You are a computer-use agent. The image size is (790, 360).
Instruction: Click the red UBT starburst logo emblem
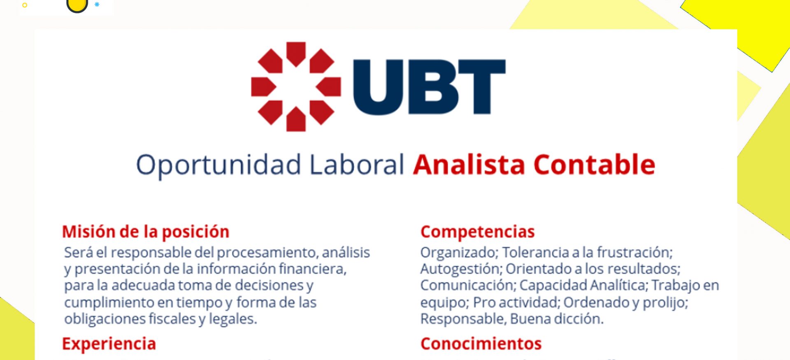(296, 86)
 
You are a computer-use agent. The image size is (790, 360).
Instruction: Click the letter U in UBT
(378, 87)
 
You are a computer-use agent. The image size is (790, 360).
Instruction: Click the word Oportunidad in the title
(218, 165)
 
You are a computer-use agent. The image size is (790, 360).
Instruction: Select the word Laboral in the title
(357, 164)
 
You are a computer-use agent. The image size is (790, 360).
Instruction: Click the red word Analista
(469, 165)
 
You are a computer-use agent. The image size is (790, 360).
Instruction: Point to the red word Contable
(594, 164)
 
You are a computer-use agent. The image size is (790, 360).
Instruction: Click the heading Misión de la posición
(146, 232)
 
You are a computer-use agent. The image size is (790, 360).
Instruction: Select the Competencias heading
(477, 232)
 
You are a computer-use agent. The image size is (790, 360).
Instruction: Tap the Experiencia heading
(109, 344)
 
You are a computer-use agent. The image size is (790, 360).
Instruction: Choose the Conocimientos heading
(481, 344)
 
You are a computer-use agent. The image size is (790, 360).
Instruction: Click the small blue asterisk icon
(97, 5)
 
